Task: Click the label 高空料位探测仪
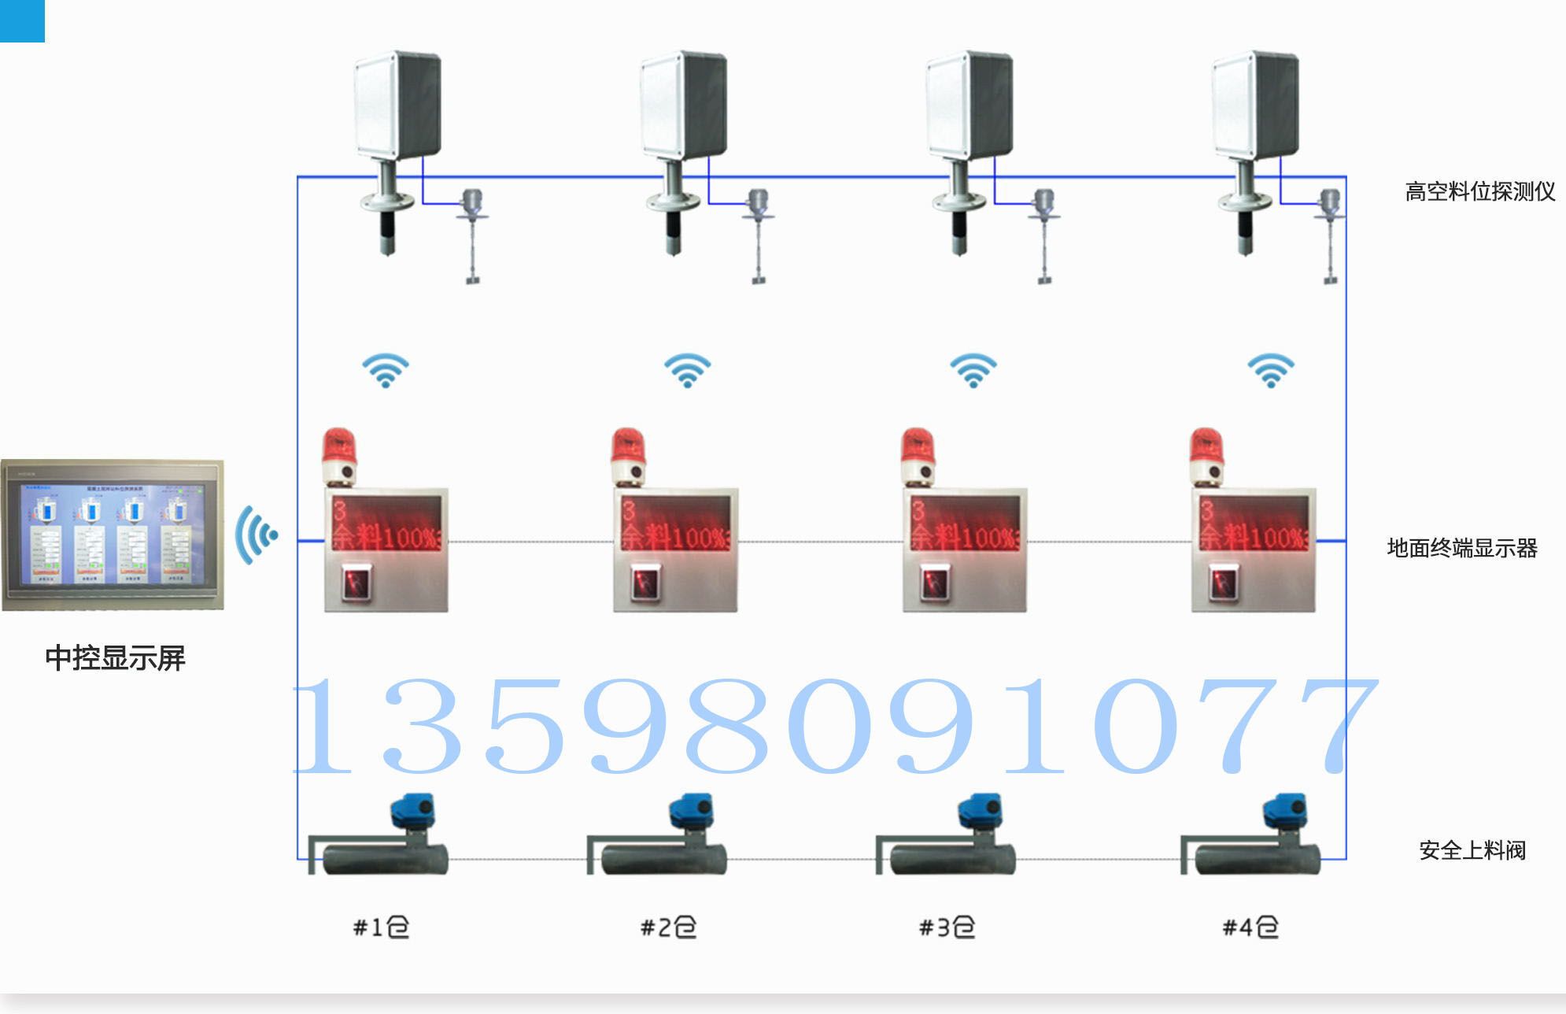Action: point(1479,191)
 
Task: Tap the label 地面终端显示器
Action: point(1461,548)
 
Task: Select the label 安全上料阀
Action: point(1472,850)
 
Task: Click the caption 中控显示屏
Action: point(115,657)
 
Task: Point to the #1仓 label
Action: point(381,927)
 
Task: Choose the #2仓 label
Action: point(668,927)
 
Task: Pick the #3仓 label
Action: point(947,927)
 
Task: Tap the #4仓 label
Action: point(1250,927)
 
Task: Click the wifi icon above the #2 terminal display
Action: point(687,370)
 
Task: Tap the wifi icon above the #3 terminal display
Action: point(973,370)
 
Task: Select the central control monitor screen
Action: point(113,535)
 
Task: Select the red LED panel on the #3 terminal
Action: point(965,524)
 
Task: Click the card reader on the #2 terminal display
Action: point(644,583)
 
